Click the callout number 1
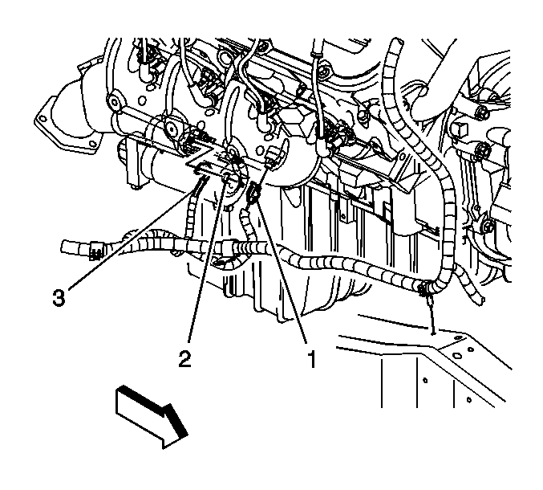(312, 359)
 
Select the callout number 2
(185, 358)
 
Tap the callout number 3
(59, 297)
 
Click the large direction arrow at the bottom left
(152, 416)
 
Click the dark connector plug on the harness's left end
(96, 251)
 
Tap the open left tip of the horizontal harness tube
(64, 247)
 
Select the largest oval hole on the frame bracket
(456, 355)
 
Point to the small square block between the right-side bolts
(460, 129)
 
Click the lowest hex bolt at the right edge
(487, 226)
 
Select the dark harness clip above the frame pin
(423, 290)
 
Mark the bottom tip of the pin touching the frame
(433, 333)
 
